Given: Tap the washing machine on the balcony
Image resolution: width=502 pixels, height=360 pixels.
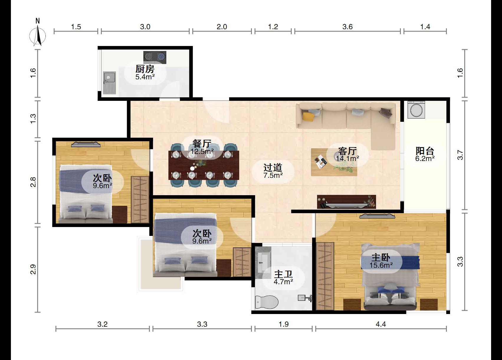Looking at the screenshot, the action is (x=416, y=110).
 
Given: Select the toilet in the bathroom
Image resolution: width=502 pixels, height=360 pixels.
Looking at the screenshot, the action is (x=267, y=302).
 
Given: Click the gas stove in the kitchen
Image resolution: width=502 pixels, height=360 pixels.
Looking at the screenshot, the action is (x=155, y=57).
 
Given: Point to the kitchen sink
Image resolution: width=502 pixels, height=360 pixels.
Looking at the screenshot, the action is (x=109, y=83).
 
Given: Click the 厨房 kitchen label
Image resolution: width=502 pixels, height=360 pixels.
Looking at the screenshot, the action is (x=145, y=69).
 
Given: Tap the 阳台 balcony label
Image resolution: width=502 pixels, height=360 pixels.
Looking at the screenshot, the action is (x=425, y=151).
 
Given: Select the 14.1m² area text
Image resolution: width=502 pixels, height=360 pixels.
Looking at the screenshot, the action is (x=347, y=159).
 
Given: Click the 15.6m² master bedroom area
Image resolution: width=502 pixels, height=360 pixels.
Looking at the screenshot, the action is (x=381, y=265).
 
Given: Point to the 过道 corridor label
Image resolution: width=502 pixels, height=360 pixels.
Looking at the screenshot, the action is (x=273, y=167).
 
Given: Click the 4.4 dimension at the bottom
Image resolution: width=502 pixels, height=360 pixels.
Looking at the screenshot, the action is (x=381, y=324).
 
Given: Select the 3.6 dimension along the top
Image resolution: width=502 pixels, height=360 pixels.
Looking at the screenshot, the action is (x=347, y=27).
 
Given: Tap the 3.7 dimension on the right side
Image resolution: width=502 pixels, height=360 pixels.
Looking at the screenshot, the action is (x=460, y=155).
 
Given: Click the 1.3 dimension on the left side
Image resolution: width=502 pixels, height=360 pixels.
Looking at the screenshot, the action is (x=33, y=119).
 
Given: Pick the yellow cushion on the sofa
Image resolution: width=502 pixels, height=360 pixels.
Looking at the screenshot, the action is (x=308, y=116).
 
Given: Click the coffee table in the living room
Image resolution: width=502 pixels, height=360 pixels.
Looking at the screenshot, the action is (x=334, y=162).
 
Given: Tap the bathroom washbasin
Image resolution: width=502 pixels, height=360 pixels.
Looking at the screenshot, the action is (x=263, y=262).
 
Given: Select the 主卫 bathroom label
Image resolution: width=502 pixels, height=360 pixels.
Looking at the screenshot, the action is (x=283, y=274).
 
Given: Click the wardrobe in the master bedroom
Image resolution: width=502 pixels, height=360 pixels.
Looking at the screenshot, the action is (x=325, y=276).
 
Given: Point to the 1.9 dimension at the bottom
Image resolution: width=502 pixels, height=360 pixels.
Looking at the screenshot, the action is (x=283, y=324).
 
